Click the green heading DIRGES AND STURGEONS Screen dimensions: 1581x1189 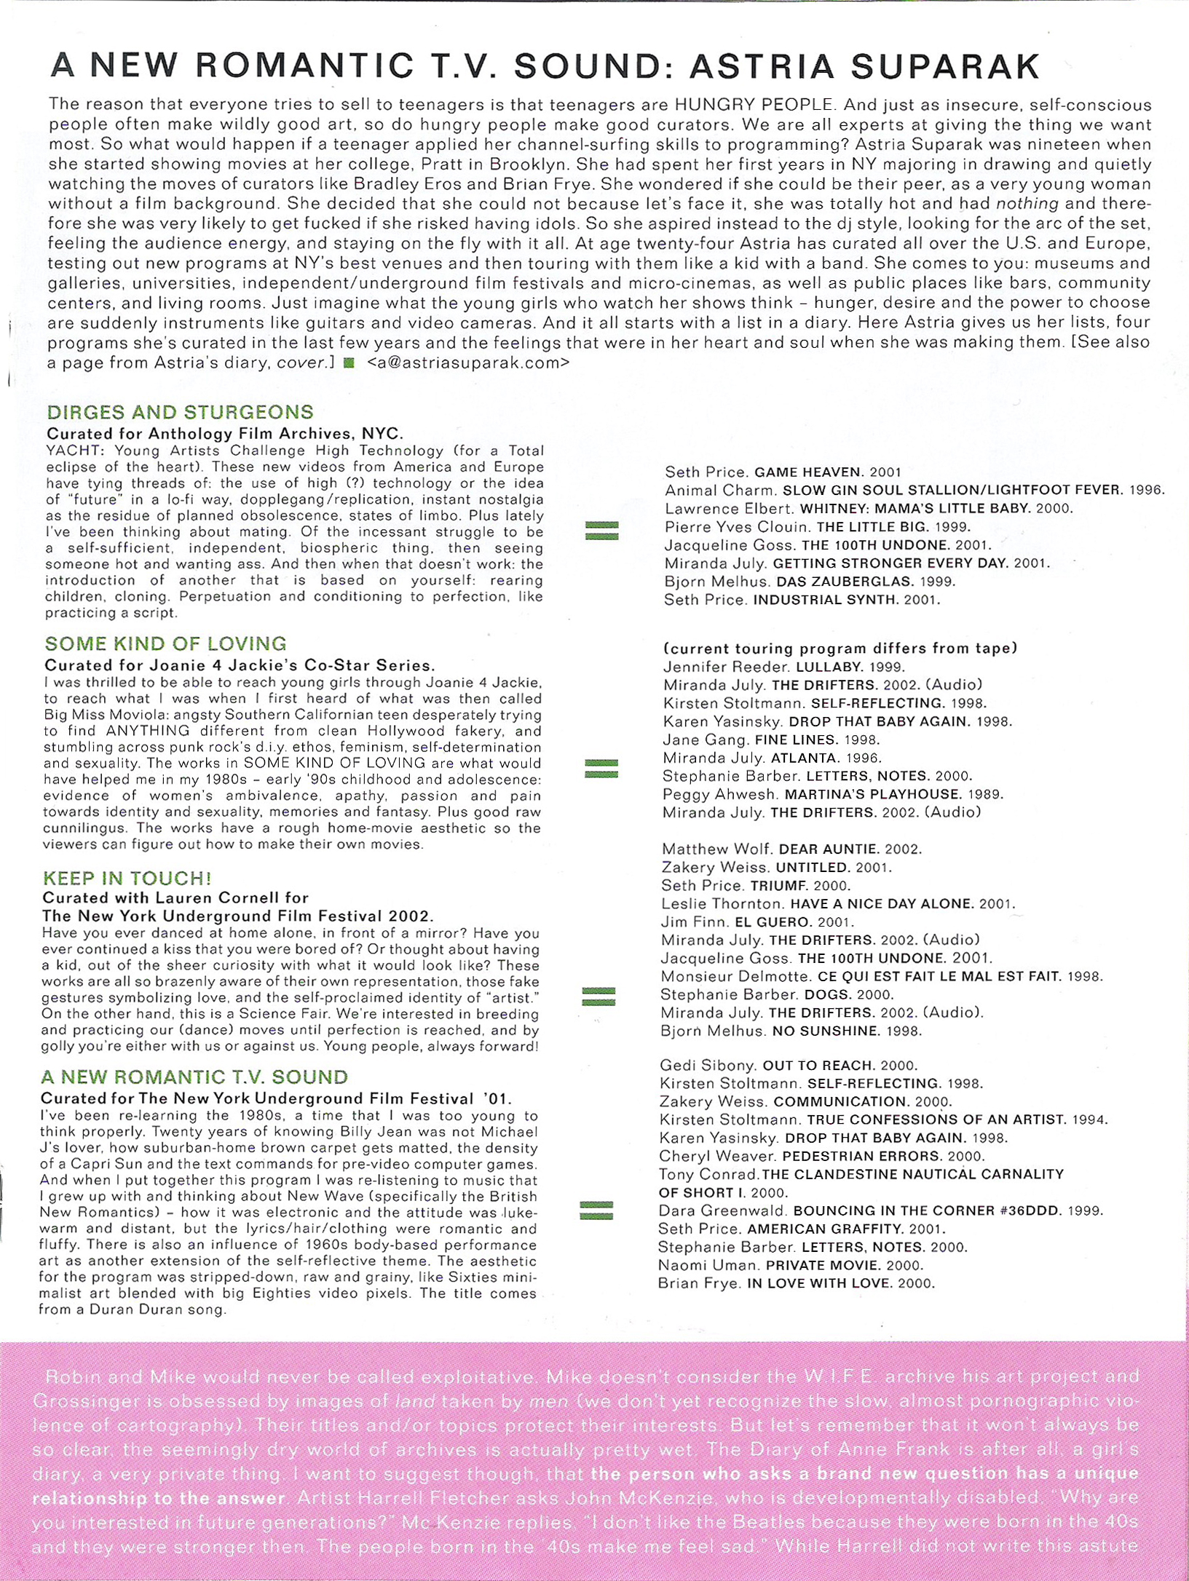point(180,412)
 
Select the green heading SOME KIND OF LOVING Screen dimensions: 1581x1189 point(166,644)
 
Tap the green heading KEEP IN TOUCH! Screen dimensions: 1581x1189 point(127,879)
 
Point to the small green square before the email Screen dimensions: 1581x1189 point(349,362)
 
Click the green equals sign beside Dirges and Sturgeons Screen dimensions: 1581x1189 point(602,531)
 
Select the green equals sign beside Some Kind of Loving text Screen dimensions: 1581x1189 point(601,767)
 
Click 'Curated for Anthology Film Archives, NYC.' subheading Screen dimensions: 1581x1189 point(224,434)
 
